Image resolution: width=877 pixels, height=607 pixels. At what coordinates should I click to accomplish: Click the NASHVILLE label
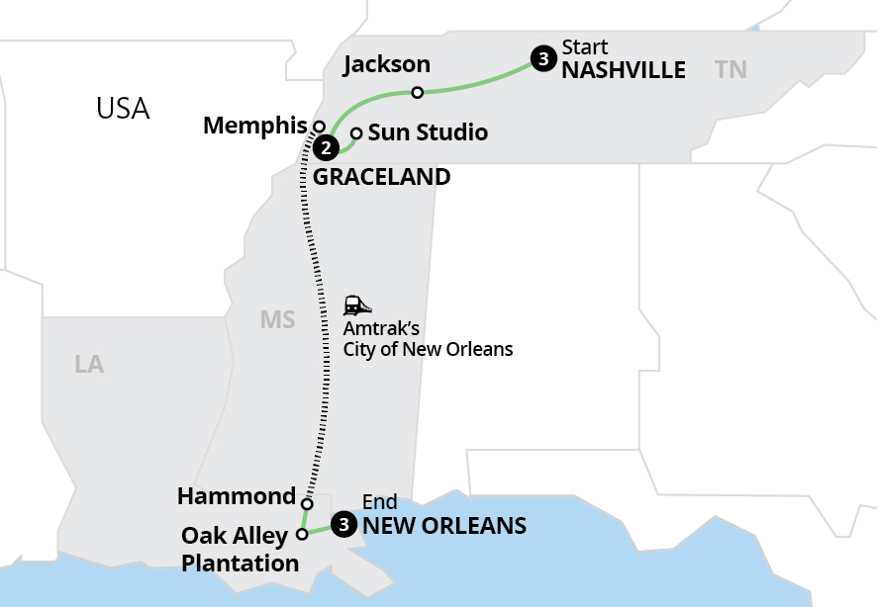coord(624,70)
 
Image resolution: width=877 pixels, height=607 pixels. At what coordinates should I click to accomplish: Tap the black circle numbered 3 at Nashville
coord(541,58)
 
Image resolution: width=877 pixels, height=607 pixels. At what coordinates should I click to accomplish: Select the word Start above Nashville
coord(584,46)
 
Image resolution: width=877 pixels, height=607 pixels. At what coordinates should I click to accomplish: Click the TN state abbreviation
coord(731,68)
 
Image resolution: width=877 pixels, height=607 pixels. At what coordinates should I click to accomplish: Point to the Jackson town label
coord(386,65)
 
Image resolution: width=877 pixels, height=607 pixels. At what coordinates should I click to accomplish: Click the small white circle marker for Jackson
coord(418,93)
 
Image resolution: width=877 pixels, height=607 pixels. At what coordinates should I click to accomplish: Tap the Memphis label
coord(254,126)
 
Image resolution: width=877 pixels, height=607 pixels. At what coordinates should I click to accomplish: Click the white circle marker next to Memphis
coord(320,126)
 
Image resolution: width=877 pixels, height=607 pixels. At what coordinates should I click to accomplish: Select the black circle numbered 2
coord(325,148)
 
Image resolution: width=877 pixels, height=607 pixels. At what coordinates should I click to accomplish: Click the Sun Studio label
coord(428,132)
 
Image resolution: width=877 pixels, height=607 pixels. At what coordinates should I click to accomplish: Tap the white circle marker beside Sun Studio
coord(356,133)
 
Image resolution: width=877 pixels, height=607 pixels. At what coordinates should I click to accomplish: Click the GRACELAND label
coord(381,178)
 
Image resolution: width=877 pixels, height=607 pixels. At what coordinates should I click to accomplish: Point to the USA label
coord(123,108)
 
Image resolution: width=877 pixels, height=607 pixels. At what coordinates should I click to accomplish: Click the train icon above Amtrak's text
coord(357,305)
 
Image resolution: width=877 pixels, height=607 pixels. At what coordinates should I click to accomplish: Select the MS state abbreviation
coord(277,319)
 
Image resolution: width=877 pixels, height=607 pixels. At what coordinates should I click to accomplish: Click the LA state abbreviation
coord(89,365)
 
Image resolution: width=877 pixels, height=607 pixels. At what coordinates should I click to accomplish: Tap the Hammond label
coord(237,496)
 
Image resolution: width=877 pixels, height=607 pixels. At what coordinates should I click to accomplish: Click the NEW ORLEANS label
coord(443,525)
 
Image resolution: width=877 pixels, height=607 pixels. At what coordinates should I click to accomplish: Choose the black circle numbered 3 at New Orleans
coord(342,525)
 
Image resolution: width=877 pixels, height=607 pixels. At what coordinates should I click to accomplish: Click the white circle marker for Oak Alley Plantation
coord(302,535)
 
